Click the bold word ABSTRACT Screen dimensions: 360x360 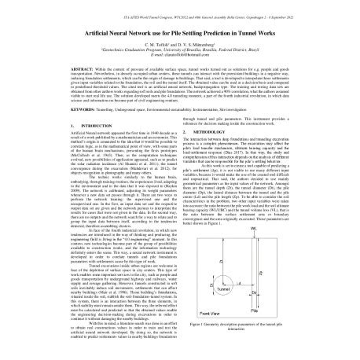coord(66,70)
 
